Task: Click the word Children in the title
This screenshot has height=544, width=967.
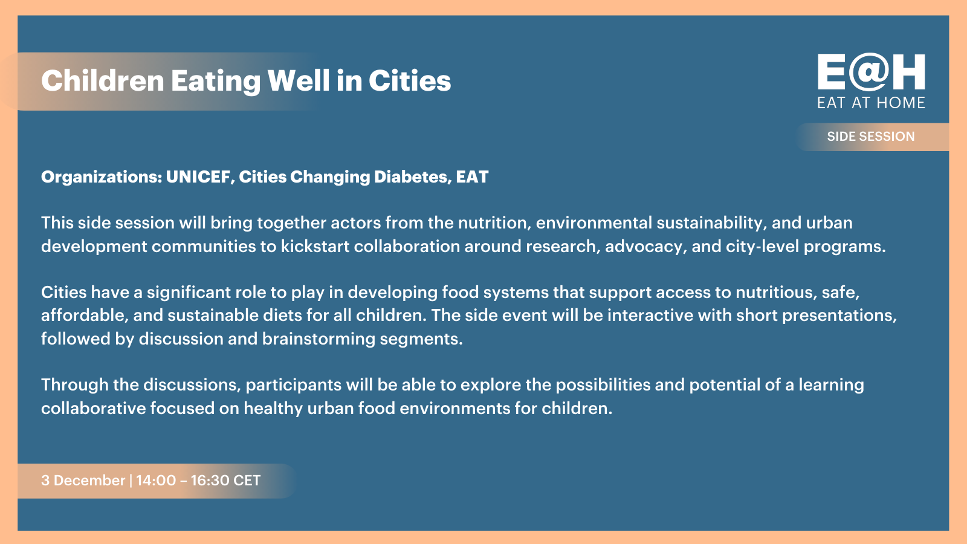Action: tap(103, 81)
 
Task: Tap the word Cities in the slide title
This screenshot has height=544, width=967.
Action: tap(410, 81)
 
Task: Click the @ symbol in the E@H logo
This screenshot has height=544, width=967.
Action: tap(870, 72)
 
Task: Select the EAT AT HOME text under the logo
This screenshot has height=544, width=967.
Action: tap(871, 103)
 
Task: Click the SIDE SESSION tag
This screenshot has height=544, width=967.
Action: tap(871, 137)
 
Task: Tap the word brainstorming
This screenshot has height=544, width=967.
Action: tap(319, 339)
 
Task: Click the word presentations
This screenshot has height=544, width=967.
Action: tap(839, 316)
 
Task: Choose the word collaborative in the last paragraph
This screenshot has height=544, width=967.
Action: tap(94, 408)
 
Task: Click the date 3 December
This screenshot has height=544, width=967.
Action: tap(83, 480)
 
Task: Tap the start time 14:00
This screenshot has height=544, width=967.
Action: tap(156, 480)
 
